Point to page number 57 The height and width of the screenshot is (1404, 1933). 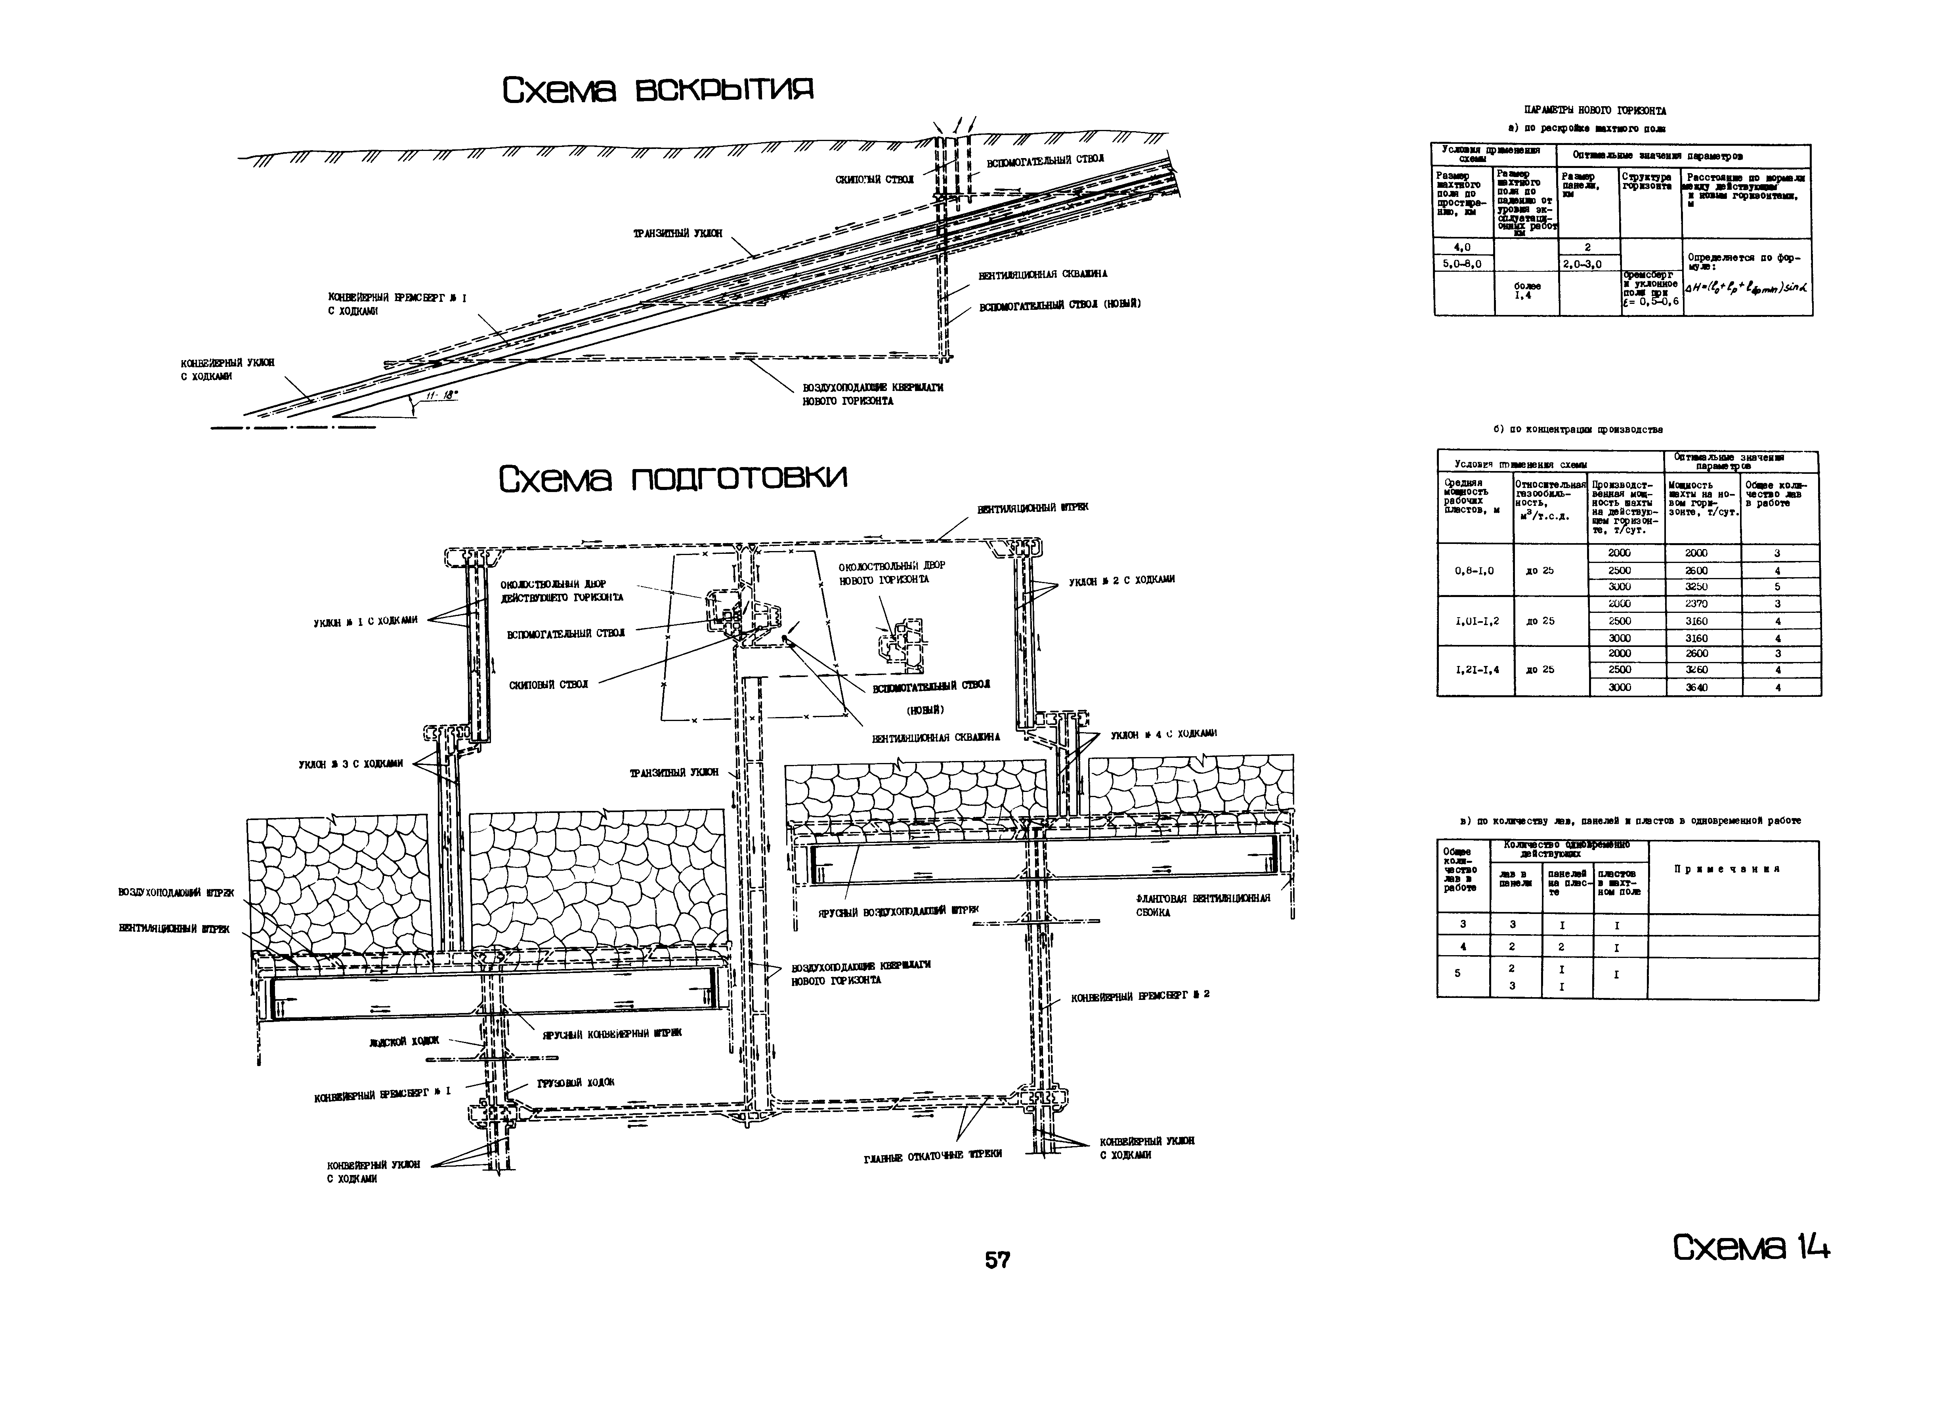[997, 1260]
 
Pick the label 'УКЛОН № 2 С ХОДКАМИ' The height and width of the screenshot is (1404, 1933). [1121, 579]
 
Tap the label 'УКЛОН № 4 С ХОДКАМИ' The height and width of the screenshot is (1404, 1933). [1163, 734]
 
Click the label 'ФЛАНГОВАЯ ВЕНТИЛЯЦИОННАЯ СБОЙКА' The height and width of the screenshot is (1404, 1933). [1203, 905]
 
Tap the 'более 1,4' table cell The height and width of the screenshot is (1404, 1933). [1527, 290]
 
